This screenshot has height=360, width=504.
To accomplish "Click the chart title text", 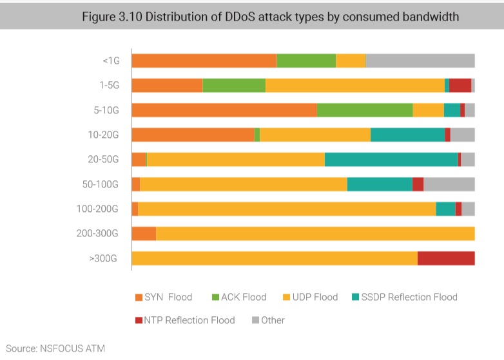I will point(270,17).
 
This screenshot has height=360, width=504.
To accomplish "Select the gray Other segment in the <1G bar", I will point(420,61).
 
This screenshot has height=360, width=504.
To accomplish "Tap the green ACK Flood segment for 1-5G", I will point(234,86).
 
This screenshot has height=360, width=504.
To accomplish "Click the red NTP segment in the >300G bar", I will point(446,258).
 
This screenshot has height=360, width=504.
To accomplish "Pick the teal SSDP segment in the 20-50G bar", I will point(391,160).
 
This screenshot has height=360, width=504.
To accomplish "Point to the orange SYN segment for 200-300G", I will point(144,234).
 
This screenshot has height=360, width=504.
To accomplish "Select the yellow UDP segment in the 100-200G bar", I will point(287,209).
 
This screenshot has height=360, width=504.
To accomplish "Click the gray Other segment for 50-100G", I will point(449,184).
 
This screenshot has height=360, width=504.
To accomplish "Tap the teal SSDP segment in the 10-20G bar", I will point(407,135).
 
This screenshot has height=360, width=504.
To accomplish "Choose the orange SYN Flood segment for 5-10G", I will point(224,110).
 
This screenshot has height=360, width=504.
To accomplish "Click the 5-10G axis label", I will point(106,110).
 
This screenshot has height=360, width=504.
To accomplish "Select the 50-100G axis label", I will point(101,184).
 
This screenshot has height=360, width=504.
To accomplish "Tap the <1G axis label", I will point(111,61).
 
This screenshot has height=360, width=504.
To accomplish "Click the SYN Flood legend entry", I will point(164,297).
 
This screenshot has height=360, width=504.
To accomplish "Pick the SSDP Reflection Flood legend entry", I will point(404,297).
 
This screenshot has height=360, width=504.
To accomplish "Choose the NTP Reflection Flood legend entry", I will point(185,320).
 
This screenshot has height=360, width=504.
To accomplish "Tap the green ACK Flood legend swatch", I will point(216,298).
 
